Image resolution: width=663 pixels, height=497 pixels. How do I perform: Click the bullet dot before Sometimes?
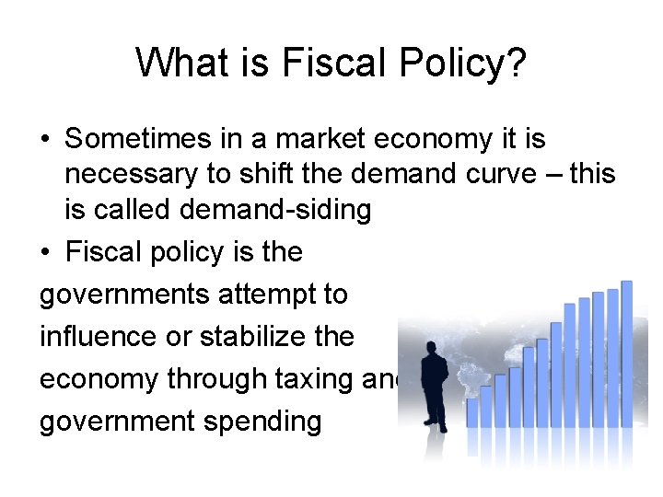pos(45,140)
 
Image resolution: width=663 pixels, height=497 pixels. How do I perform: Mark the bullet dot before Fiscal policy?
pos(45,252)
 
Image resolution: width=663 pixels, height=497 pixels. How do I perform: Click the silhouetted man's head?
pos(430,349)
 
